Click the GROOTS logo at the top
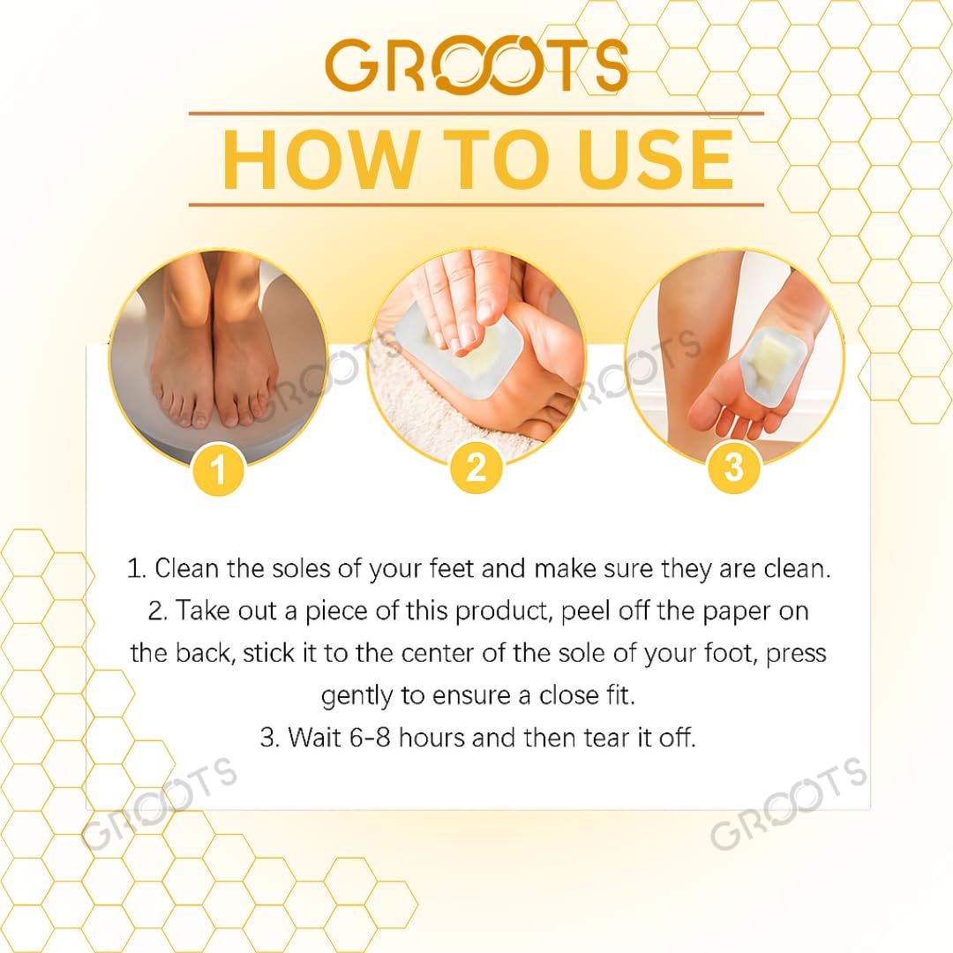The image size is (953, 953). click(x=476, y=64)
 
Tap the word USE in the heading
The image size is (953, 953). click(x=656, y=160)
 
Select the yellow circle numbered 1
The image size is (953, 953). click(x=218, y=469)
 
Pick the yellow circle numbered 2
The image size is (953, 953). click(x=476, y=468)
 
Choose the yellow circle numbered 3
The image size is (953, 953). click(x=734, y=467)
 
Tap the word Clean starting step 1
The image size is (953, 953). click(x=186, y=569)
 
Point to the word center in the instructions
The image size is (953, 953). click(x=438, y=653)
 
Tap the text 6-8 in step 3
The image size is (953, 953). click(x=370, y=738)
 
